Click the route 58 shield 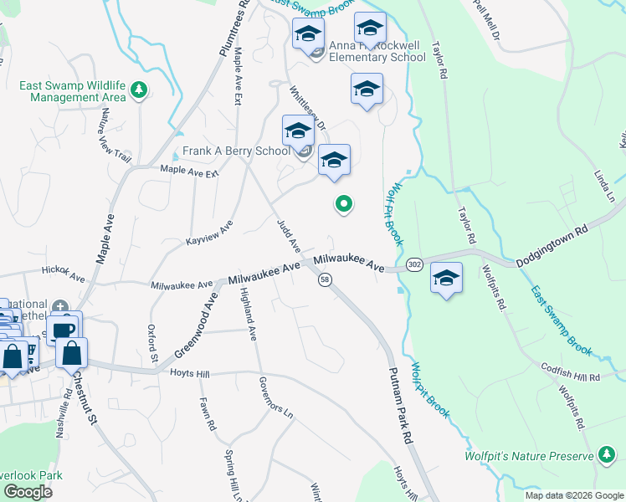point(324,279)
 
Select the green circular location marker point(343,202)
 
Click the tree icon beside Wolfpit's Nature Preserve point(605,456)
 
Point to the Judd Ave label point(289,235)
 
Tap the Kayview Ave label point(209,235)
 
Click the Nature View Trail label point(114,141)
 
